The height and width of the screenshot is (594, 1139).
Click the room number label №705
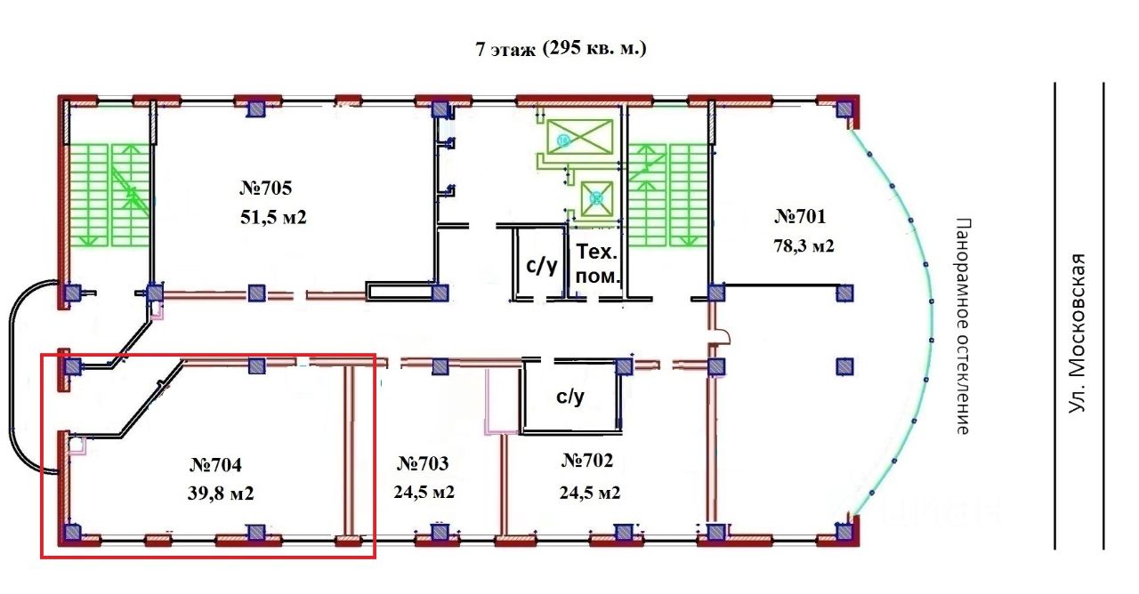(x=266, y=188)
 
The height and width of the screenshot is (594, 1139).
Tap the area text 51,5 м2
(x=273, y=218)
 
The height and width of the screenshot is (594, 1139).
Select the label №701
(x=800, y=216)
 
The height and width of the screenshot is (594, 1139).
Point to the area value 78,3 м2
(x=804, y=246)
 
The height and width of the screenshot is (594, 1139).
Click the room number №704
(x=215, y=465)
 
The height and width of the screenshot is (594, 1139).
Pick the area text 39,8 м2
(x=221, y=494)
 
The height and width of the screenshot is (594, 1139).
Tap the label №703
(x=423, y=463)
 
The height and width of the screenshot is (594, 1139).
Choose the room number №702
(x=587, y=461)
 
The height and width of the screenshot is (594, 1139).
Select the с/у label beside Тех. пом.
(x=542, y=265)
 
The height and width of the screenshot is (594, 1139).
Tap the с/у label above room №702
(x=570, y=397)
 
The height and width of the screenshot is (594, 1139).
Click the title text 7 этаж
(x=505, y=50)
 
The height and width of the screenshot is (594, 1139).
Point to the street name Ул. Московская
(x=1077, y=333)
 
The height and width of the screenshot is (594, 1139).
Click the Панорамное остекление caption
(x=963, y=326)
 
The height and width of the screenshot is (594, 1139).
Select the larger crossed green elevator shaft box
(x=579, y=137)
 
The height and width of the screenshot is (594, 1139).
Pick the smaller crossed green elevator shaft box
(x=597, y=198)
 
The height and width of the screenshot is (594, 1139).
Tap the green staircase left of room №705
(x=109, y=196)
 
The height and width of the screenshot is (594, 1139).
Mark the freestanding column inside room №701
(x=844, y=366)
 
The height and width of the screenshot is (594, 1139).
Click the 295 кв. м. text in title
(x=595, y=49)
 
